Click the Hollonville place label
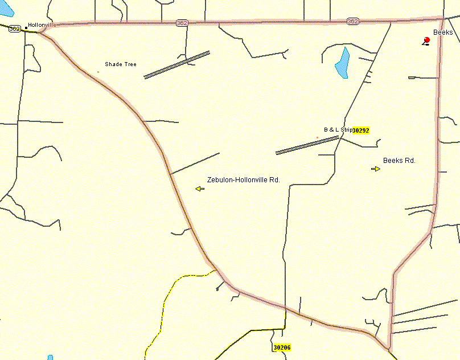(x=43, y=26)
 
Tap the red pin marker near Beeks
(x=426, y=40)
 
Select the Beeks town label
(x=443, y=32)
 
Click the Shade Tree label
(x=121, y=64)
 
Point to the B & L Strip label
(x=338, y=130)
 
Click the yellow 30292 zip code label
(x=361, y=130)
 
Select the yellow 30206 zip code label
(x=282, y=347)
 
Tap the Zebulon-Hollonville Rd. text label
(x=244, y=179)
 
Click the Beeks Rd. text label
(x=399, y=161)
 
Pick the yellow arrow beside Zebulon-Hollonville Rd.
(x=199, y=189)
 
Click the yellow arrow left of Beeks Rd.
(x=376, y=169)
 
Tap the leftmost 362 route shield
(x=15, y=28)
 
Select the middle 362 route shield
(x=182, y=23)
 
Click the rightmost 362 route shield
(x=352, y=21)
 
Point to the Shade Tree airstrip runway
(x=176, y=65)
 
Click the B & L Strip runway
(x=307, y=145)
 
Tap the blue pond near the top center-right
(x=342, y=63)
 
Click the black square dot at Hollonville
(x=26, y=27)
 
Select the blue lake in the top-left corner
(x=6, y=8)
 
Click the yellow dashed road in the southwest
(x=165, y=302)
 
